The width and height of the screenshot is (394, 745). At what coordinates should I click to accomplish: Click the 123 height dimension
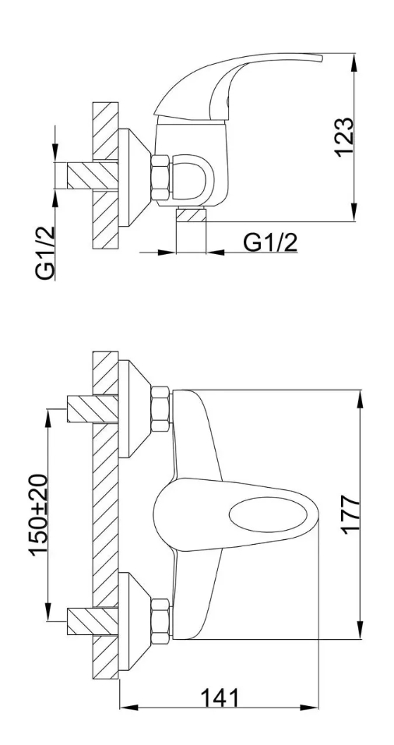pyautogui.click(x=344, y=137)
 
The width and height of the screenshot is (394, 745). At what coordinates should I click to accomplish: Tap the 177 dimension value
pyautogui.click(x=352, y=514)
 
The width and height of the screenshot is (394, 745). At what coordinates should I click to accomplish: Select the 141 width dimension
pyautogui.click(x=220, y=698)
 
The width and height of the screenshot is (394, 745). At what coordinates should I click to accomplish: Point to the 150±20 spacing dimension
pyautogui.click(x=38, y=514)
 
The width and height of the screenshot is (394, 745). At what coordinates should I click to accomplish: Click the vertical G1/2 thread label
pyautogui.click(x=44, y=253)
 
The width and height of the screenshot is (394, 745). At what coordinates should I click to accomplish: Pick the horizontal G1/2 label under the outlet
pyautogui.click(x=270, y=243)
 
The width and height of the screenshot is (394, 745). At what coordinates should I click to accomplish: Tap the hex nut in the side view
pyautogui.click(x=160, y=177)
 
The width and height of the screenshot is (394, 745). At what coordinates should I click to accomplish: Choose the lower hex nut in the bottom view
pyautogui.click(x=160, y=621)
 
